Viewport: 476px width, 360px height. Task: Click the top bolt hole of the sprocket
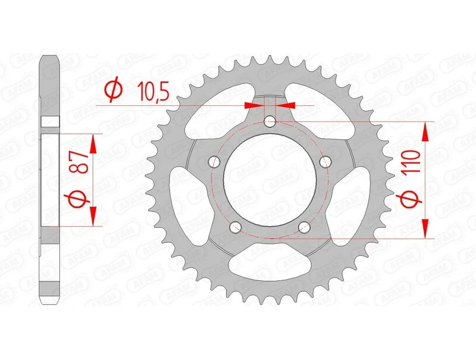270,122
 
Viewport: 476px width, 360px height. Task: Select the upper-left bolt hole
214,162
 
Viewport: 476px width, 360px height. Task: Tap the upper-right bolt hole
325,161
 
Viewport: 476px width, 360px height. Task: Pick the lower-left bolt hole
235,227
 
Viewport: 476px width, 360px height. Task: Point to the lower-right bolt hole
305,227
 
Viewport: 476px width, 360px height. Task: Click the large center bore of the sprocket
270,179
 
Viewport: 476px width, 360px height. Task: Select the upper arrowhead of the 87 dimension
93,142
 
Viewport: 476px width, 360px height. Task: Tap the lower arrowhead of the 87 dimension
93,216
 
